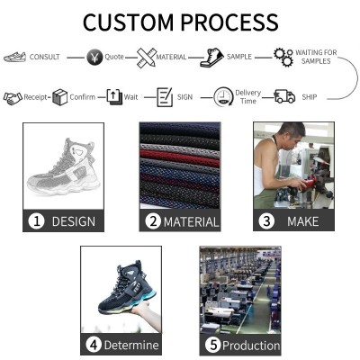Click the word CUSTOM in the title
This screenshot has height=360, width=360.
(x=129, y=22)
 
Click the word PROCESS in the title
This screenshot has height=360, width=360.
(x=229, y=22)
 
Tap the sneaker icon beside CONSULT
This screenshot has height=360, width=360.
(x=15, y=57)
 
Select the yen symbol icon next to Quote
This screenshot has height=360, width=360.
(x=94, y=57)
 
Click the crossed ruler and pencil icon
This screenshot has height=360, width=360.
(x=147, y=57)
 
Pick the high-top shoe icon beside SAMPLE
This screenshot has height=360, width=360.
(x=211, y=57)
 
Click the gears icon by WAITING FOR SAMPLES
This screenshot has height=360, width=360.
(x=283, y=58)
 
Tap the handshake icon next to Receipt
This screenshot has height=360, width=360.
(x=13, y=98)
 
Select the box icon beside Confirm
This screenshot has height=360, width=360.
(x=59, y=97)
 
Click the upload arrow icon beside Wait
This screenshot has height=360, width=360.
(x=114, y=97)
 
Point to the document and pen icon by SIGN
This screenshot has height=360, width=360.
(x=165, y=96)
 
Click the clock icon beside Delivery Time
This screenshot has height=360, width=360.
(x=223, y=96)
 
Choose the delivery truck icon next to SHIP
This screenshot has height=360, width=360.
(x=284, y=96)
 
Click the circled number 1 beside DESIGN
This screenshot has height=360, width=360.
(x=36, y=221)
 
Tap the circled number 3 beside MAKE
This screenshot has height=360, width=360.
(x=266, y=221)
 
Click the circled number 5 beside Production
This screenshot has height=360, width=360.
(x=213, y=345)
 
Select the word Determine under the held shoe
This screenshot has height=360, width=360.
(x=131, y=345)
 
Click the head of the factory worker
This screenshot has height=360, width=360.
(x=291, y=135)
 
